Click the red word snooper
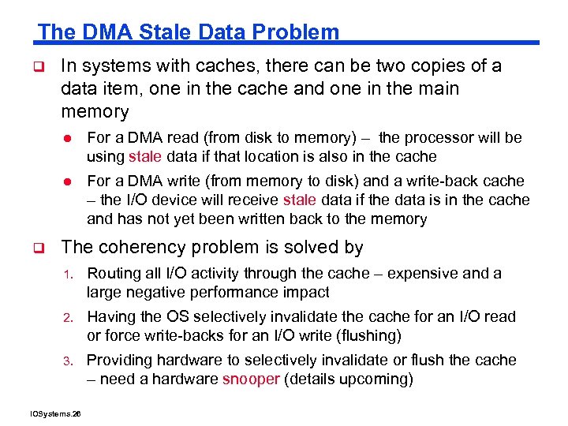click(251, 379)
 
